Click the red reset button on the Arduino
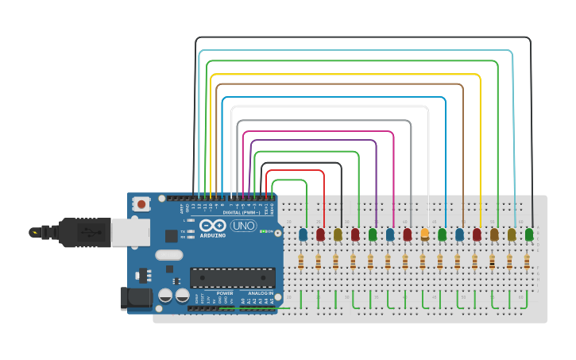pos(141,203)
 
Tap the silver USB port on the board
pos(130,232)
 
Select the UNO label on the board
pos(242,226)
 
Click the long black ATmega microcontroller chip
pos(232,277)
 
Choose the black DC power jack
pos(135,298)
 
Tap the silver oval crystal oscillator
pos(169,255)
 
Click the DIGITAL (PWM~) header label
pos(242,213)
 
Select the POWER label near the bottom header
pos(225,293)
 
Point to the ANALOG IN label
pos(260,293)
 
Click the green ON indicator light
pos(262,231)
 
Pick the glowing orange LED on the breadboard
pos(424,234)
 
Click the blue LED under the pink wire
pos(389,234)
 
